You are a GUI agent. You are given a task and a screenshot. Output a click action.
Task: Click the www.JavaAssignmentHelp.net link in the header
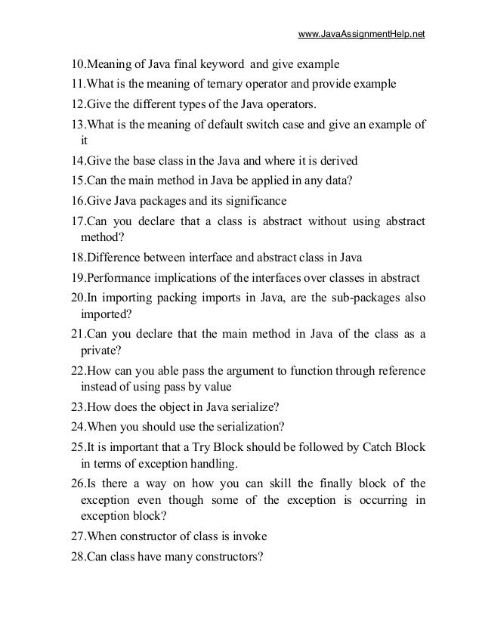pyautogui.click(x=362, y=35)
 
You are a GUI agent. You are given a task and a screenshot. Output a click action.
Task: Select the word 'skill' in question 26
pyautogui.click(x=268, y=483)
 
